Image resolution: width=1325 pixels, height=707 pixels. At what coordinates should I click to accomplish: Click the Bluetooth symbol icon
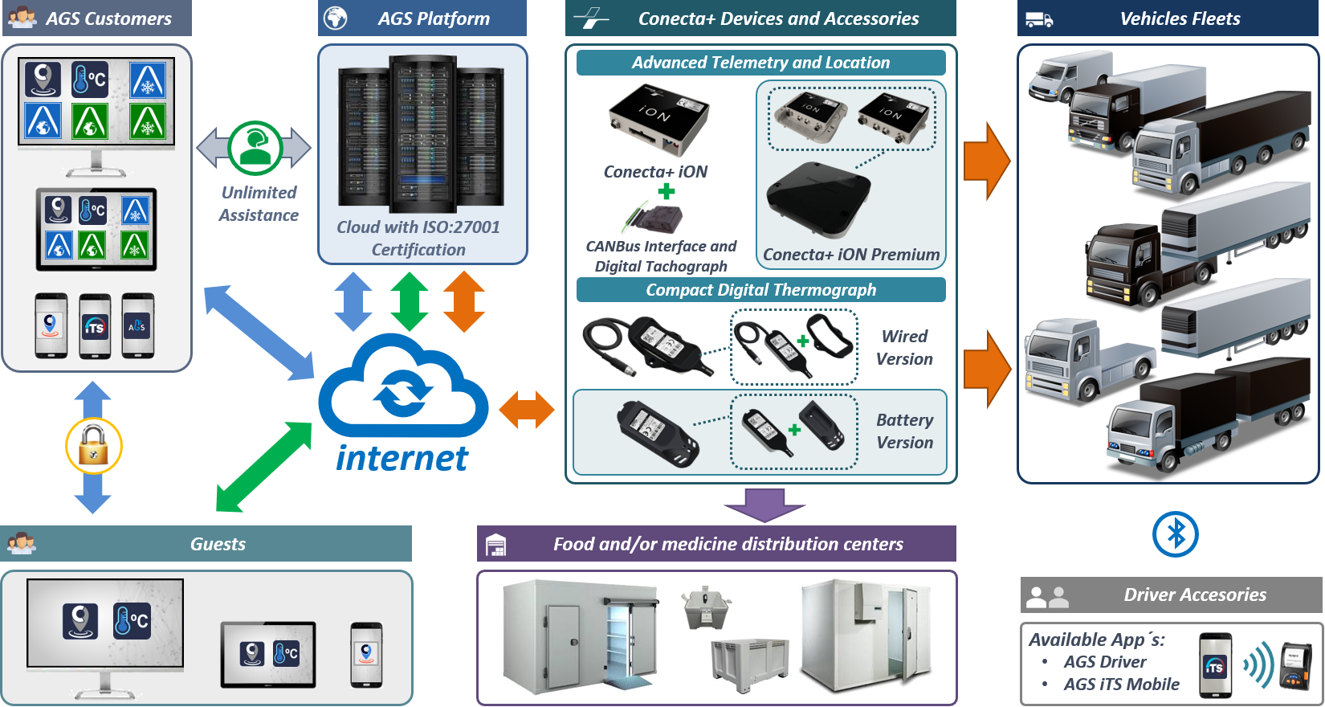(1175, 534)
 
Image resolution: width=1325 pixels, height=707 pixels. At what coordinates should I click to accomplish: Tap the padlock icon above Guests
(94, 446)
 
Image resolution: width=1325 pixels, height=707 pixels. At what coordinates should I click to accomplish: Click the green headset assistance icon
(255, 148)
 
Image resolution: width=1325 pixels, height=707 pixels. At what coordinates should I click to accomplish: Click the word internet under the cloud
(402, 458)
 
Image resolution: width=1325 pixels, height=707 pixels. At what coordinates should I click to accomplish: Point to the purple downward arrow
(764, 505)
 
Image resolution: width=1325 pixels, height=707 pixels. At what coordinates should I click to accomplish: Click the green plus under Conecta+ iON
(667, 192)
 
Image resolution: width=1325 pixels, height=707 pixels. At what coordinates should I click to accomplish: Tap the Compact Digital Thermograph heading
(760, 290)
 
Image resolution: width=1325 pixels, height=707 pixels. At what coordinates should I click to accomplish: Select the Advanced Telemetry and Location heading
(760, 63)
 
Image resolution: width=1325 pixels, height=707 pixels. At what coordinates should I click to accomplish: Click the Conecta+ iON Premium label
(850, 255)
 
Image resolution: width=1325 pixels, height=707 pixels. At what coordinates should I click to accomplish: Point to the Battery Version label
(904, 431)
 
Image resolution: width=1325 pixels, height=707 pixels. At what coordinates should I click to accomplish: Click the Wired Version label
(904, 348)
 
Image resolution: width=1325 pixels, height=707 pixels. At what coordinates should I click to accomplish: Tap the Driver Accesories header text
(1194, 595)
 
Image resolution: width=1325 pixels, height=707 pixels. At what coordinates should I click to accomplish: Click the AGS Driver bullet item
(1105, 662)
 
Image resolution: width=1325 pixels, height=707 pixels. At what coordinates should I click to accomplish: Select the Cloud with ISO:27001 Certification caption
(418, 239)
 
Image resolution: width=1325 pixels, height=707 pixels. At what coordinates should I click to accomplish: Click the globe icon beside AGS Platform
(335, 18)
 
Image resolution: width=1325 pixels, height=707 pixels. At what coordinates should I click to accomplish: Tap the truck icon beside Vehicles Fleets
(1039, 18)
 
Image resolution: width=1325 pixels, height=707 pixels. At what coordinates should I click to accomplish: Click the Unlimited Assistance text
(259, 204)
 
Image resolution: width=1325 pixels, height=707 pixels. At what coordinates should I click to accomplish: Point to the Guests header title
(218, 544)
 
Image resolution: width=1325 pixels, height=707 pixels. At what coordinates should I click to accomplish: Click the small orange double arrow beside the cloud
(527, 410)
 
